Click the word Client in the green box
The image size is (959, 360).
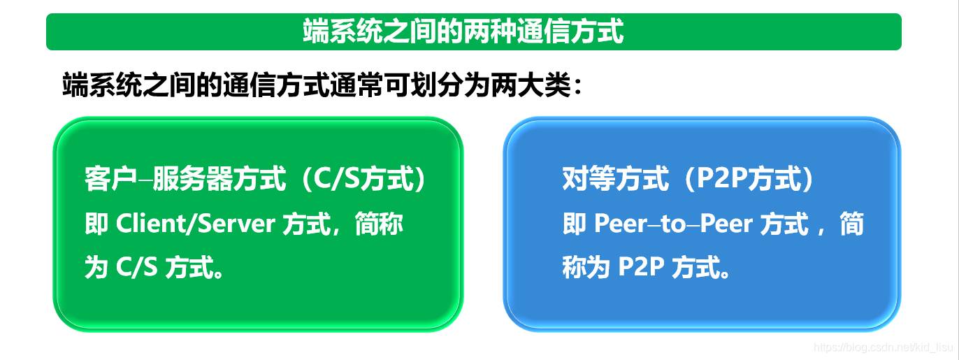[x=152, y=224]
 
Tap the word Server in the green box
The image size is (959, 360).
[x=236, y=224]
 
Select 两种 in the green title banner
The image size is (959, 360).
[x=490, y=31]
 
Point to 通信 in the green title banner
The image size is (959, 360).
[x=543, y=31]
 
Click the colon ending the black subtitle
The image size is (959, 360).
[x=577, y=85]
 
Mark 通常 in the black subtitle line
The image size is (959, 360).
[x=356, y=85]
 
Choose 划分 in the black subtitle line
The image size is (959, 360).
[x=437, y=85]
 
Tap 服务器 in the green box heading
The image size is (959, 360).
[x=192, y=178]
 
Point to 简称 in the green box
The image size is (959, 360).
[x=380, y=224]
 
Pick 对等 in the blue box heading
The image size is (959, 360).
[x=589, y=178]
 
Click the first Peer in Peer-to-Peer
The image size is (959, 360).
[x=621, y=224]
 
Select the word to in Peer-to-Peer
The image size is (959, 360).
[x=673, y=224]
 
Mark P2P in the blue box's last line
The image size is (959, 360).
[x=640, y=267]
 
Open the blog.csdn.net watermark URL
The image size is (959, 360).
[x=884, y=346]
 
